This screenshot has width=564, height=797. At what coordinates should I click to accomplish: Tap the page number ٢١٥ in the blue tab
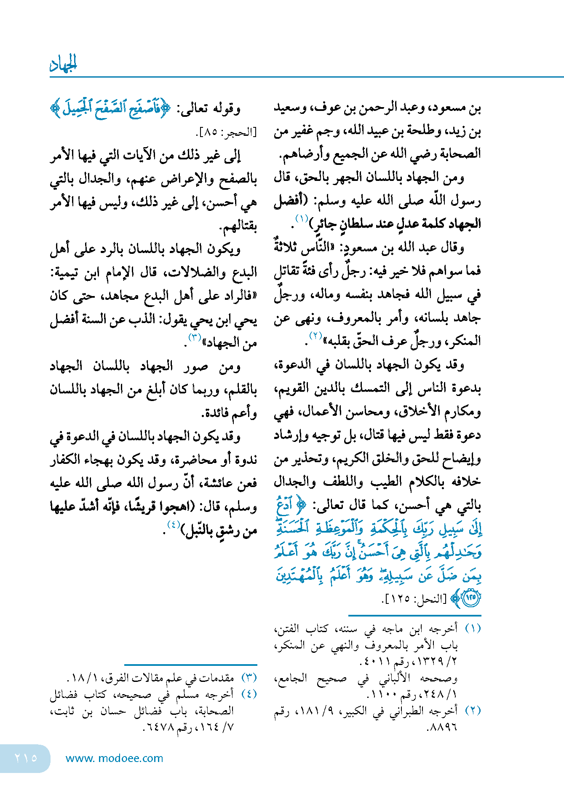[26, 758]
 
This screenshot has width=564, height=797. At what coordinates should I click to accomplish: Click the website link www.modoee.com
[114, 758]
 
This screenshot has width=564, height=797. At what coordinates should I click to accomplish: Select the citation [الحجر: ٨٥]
[226, 132]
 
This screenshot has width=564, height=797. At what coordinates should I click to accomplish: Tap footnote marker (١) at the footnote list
[473, 628]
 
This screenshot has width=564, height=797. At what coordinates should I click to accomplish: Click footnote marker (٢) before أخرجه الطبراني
[473, 710]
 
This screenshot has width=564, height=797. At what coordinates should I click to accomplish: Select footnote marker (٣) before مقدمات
[249, 678]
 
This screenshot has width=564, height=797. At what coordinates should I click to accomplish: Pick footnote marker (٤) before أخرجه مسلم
[249, 694]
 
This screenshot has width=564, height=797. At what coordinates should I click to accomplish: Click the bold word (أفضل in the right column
[291, 200]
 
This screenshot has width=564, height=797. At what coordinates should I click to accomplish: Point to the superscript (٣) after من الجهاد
[195, 337]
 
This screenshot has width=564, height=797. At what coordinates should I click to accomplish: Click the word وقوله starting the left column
[226, 109]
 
